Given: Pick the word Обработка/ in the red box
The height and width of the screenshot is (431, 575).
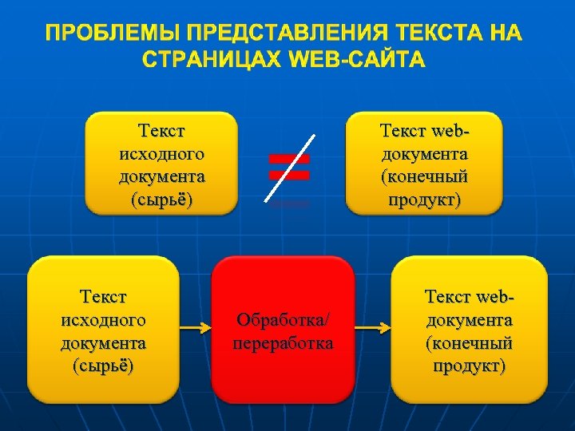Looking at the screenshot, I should [283, 320].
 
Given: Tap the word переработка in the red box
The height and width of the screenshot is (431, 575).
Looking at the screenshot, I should [283, 343].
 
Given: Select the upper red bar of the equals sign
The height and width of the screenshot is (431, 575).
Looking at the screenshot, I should [289, 159].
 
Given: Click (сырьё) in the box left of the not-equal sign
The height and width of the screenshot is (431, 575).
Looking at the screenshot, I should [161, 199].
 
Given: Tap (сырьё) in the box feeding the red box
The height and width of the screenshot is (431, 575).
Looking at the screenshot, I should [103, 366].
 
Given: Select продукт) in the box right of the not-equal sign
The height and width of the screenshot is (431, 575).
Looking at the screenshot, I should [425, 199].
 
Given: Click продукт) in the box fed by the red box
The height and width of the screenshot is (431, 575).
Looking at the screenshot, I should [470, 366].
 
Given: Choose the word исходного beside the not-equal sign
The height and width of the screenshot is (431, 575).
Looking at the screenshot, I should [161, 152].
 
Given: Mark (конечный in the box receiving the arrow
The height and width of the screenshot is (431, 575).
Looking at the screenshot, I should [470, 343].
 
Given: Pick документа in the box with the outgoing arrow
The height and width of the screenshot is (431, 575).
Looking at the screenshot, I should [103, 343].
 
